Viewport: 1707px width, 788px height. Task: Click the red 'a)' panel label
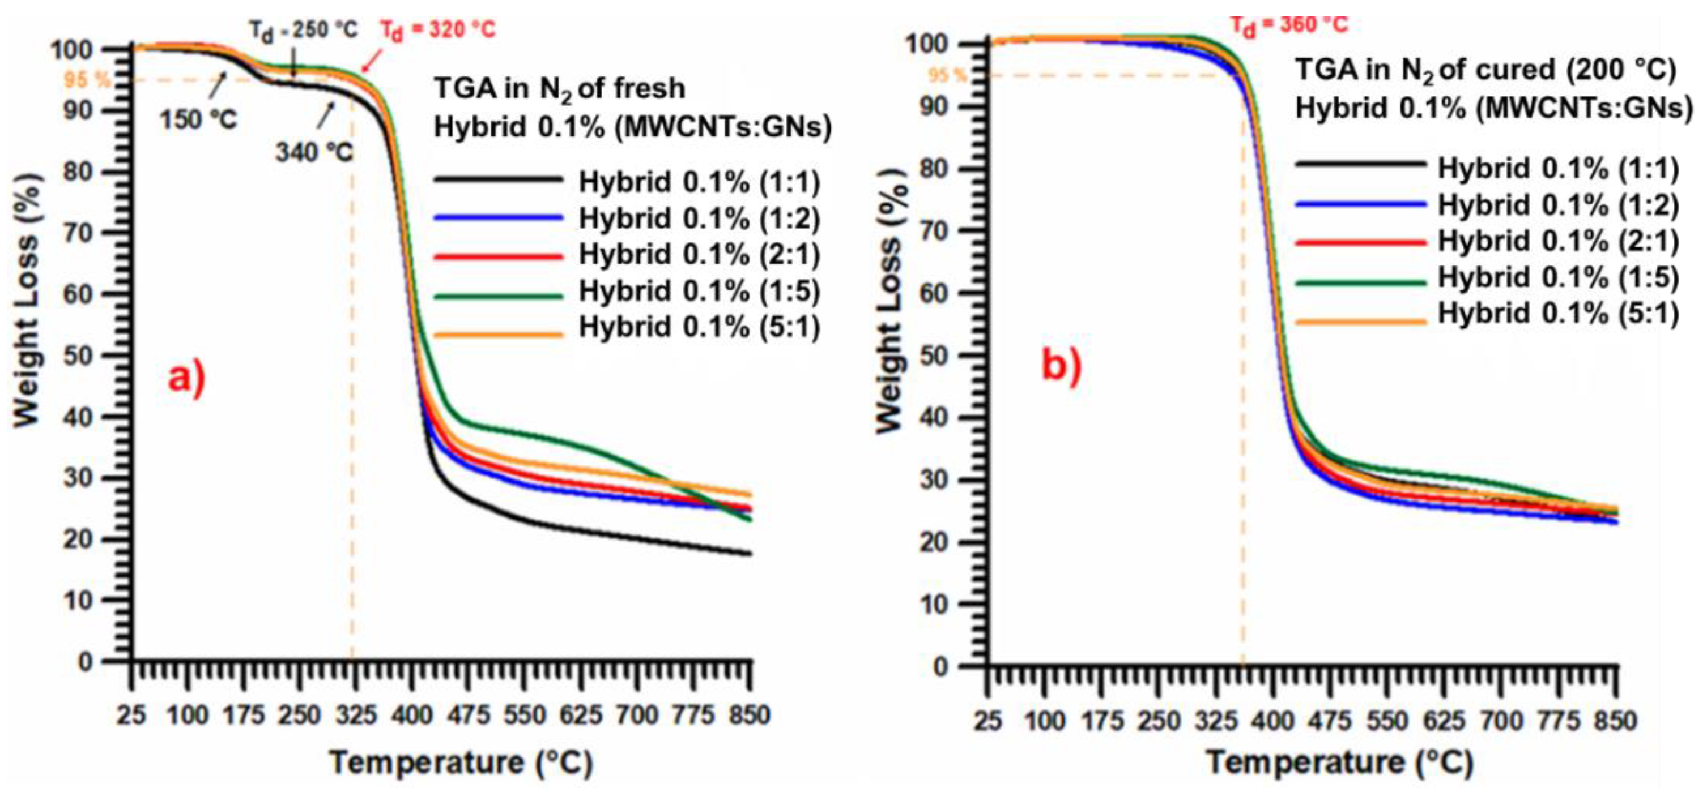click(186, 379)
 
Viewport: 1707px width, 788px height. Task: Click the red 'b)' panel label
click(1061, 366)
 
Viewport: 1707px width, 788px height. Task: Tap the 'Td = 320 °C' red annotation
click(437, 31)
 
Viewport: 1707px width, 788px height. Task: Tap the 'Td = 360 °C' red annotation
click(1289, 25)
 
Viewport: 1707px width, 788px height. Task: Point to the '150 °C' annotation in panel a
click(198, 120)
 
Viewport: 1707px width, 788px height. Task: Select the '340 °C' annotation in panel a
click(314, 153)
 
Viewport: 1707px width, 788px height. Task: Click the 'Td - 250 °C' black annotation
click(304, 31)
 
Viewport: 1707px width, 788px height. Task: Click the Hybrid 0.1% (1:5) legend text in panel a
click(699, 291)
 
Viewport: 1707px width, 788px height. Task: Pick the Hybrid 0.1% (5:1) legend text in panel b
click(1558, 313)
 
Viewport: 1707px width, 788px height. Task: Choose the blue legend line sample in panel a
click(499, 217)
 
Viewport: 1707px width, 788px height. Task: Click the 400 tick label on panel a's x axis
click(411, 715)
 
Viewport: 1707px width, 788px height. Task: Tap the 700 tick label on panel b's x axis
click(1500, 720)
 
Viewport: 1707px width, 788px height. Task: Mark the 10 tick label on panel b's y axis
click(935, 604)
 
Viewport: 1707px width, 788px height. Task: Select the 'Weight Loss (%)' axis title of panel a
click(27, 301)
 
